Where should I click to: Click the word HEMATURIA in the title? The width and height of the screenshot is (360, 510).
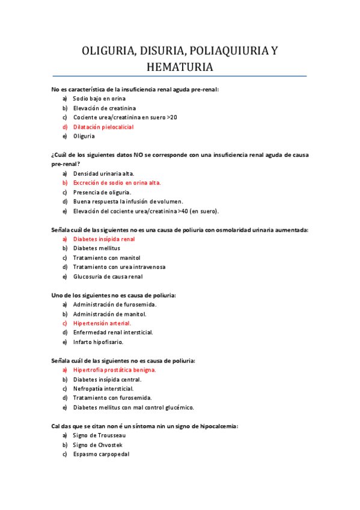point(180,67)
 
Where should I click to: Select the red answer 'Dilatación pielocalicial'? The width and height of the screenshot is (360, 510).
point(103,127)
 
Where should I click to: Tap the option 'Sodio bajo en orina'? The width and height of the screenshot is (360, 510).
point(99,98)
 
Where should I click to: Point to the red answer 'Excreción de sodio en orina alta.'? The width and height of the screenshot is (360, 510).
point(117,182)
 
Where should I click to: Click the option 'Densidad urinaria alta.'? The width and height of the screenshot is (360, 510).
point(103,173)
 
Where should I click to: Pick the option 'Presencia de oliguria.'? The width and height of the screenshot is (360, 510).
point(102,192)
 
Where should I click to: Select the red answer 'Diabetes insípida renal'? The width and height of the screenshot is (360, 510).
point(104,239)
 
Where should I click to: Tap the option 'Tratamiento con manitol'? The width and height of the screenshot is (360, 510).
point(104,257)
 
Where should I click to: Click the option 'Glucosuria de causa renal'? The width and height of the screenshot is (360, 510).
point(108,277)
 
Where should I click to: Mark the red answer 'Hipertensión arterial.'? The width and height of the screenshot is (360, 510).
point(102,323)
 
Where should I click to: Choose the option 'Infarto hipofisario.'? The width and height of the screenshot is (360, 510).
point(98,342)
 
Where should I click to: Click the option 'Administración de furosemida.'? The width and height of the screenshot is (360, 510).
point(110,304)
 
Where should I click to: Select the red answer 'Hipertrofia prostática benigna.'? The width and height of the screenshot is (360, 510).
point(114,370)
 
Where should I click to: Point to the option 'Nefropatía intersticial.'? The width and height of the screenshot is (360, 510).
point(103,389)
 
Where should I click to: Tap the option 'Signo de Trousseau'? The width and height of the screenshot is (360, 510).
point(99,435)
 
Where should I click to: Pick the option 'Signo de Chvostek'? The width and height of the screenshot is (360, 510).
point(98,444)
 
